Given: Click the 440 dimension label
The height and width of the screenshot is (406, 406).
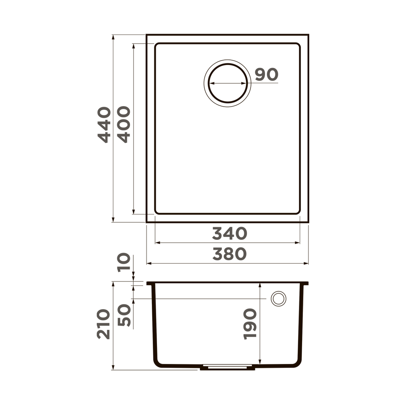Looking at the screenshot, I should (x=104, y=124).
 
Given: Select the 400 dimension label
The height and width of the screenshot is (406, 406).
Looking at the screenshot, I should (x=124, y=124).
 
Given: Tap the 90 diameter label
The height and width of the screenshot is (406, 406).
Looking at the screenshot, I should (x=266, y=75).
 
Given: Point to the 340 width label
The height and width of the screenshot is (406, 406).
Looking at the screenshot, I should (x=229, y=234).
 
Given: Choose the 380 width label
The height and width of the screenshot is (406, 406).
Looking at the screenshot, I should (x=229, y=254).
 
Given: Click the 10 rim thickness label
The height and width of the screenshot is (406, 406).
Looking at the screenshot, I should (x=124, y=262).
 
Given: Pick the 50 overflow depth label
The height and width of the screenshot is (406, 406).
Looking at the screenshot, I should (x=124, y=315).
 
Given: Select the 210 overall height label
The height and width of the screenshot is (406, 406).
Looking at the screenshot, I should (x=104, y=324).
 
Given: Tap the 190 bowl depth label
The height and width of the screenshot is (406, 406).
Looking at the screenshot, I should (x=250, y=324).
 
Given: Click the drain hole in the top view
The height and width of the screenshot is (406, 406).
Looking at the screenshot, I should (x=228, y=83).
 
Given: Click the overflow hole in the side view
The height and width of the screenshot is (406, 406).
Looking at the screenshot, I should (x=278, y=299).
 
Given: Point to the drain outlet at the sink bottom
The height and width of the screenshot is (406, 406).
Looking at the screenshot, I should (x=228, y=368).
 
